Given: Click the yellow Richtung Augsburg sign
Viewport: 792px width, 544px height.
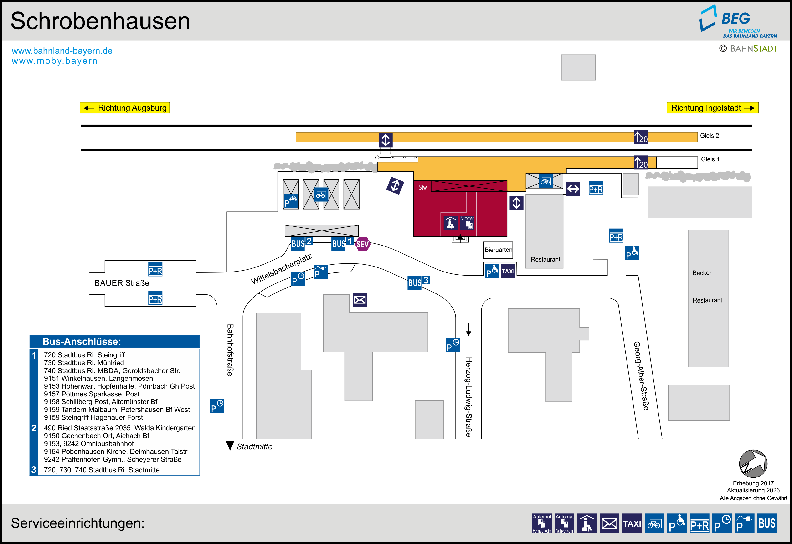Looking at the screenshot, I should click(125, 108).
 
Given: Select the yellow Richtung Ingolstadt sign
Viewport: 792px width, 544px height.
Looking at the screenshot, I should click(712, 108).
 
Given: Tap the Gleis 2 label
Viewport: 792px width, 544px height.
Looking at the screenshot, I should click(709, 136).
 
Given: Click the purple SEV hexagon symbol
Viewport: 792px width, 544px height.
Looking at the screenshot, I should click(362, 244).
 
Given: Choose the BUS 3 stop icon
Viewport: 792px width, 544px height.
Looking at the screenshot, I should click(418, 282).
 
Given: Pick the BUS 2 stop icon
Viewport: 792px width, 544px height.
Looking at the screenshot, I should click(301, 243).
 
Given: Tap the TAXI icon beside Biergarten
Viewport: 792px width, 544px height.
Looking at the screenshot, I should click(508, 271).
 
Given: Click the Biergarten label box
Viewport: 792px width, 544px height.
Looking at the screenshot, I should click(498, 250).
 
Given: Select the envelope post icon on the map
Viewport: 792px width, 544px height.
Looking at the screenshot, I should click(360, 300).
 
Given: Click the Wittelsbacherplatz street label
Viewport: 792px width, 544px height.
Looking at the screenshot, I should click(282, 269).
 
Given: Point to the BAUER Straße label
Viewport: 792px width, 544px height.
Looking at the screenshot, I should click(122, 283).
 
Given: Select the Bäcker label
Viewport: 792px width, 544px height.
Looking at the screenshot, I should click(702, 273).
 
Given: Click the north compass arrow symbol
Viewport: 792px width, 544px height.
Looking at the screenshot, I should click(753, 464).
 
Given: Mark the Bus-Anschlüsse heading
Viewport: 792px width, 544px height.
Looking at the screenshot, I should click(82, 342).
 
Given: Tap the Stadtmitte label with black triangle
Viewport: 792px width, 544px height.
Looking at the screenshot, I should click(250, 446).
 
